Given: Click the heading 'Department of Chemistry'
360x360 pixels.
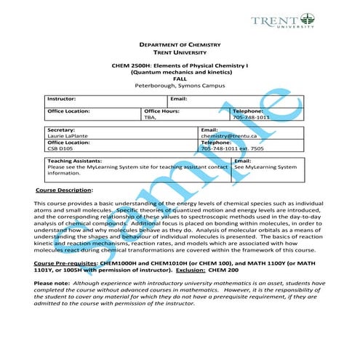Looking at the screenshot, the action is point(180,45).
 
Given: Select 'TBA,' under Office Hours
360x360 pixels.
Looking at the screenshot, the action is point(151,117).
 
